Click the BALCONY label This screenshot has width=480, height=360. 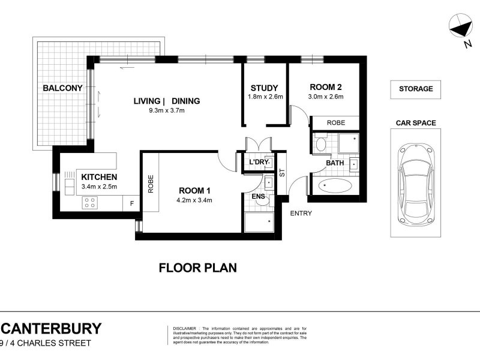[x=62, y=88]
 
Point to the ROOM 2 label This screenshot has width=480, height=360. [x=325, y=87]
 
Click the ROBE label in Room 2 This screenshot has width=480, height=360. [x=335, y=122]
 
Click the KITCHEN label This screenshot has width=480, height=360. [x=99, y=177]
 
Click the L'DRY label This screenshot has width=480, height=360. [x=257, y=163]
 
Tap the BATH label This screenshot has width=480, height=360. [x=335, y=163]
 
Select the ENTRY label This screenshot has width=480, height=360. [x=301, y=213]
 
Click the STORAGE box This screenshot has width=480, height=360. [x=416, y=89]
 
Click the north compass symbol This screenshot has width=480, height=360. [x=461, y=28]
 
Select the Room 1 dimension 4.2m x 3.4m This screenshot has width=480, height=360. [x=195, y=200]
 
